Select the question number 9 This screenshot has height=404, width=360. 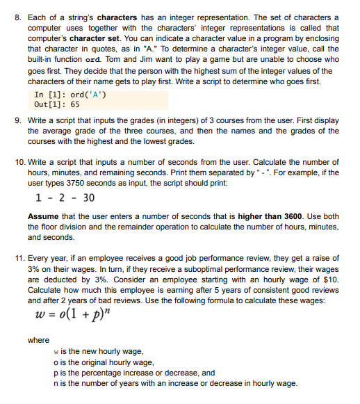(x=19, y=120)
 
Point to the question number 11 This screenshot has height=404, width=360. (x=20, y=257)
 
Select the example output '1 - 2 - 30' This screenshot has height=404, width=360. (x=64, y=197)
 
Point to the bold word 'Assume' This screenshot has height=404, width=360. (x=42, y=217)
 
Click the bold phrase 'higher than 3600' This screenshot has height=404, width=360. (x=269, y=217)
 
